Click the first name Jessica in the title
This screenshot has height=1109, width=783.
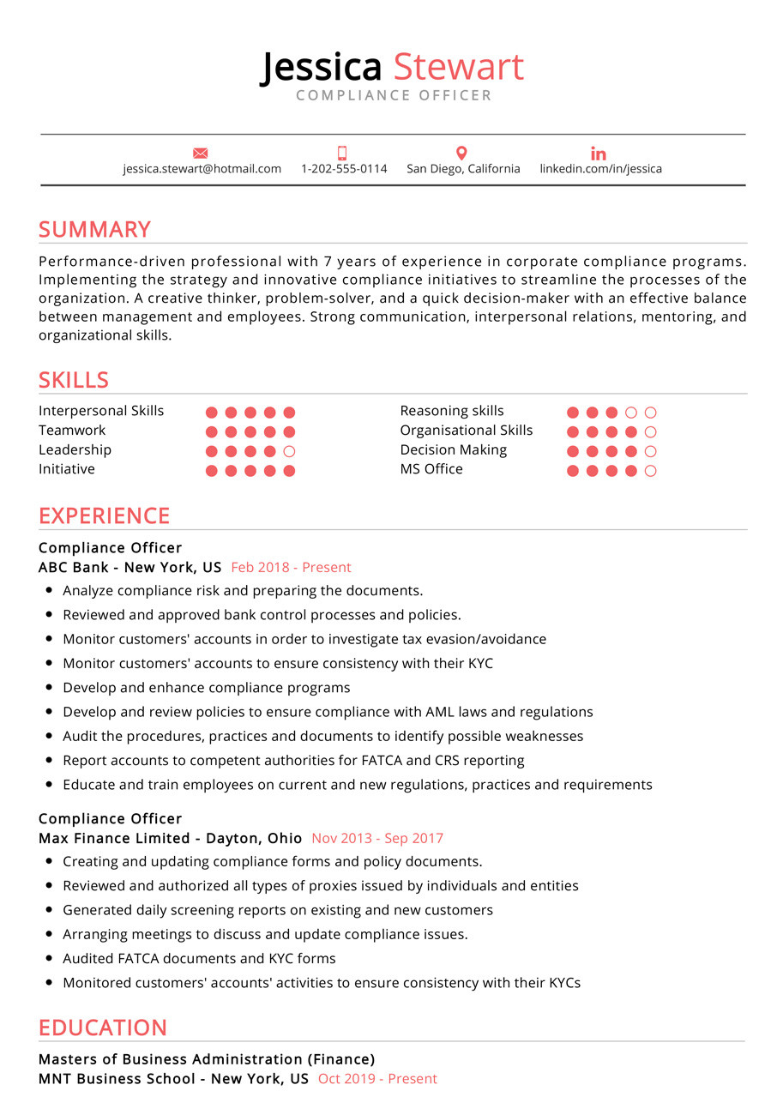coord(321,67)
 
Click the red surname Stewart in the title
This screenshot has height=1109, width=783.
coord(458,67)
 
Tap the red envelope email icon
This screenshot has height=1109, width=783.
coord(201,154)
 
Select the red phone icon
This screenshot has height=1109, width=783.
coord(342,154)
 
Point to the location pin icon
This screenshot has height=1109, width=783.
coord(461,154)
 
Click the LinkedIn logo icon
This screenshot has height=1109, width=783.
coord(599,154)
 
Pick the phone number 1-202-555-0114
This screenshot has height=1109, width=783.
coord(344,169)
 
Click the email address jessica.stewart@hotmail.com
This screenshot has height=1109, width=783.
coord(202,169)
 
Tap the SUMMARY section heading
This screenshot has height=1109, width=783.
coord(94,229)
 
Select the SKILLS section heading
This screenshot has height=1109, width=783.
coord(74,380)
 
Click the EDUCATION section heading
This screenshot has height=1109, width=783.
coord(103,1028)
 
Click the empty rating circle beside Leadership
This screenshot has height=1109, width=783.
coord(289,451)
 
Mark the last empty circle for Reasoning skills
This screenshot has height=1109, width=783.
coord(650,413)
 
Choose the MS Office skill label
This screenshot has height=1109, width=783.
coord(431,469)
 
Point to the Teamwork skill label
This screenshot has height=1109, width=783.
coord(72,431)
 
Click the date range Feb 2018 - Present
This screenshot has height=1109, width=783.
coord(291,567)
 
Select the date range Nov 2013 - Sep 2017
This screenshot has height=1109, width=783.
coord(377,839)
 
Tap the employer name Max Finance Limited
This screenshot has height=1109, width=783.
coord(114,839)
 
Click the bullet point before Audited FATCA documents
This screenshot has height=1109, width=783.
coord(50,959)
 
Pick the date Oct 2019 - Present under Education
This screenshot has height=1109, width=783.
coord(377,1079)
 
